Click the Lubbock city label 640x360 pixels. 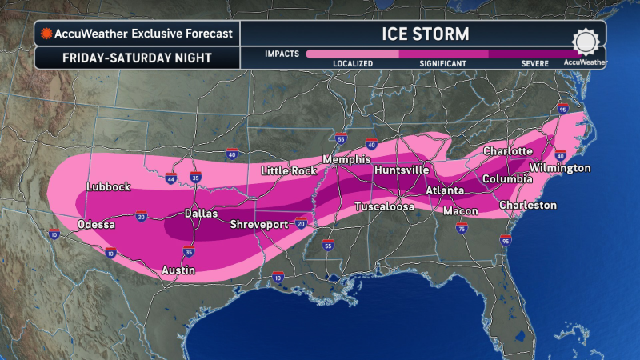(108, 187)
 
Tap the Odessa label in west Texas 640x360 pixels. (96, 225)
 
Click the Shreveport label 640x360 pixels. (259, 225)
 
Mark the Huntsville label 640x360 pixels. (401, 170)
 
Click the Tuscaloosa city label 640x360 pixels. (385, 207)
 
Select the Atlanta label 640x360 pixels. (445, 190)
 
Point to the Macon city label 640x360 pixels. (462, 211)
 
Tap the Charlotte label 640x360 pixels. (508, 151)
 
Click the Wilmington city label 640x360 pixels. (560, 168)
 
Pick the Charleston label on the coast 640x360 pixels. (527, 206)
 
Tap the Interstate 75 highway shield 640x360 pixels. (461, 229)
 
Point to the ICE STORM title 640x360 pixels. (423, 34)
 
